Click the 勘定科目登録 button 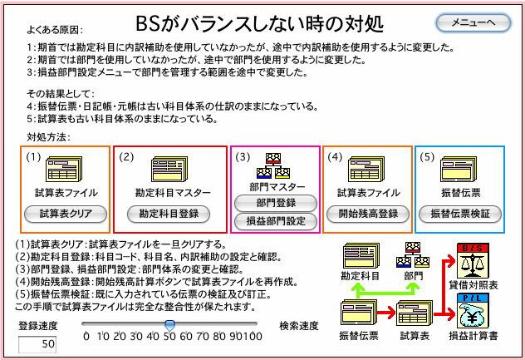[x=169, y=214]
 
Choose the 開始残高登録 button [x=368, y=214]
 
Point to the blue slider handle [x=169, y=325]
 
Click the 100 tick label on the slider [x=253, y=336]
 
